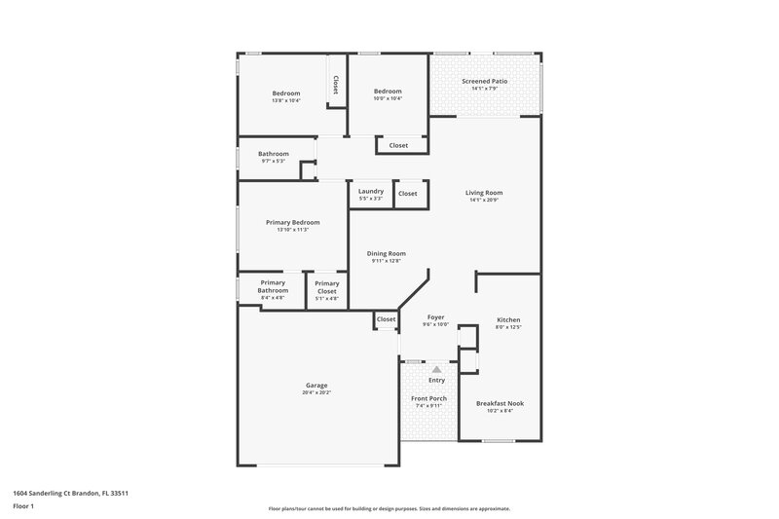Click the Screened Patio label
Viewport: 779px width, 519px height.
[x=484, y=81]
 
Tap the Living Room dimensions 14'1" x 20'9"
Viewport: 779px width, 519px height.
[x=484, y=200]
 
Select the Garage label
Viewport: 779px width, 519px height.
[x=317, y=385]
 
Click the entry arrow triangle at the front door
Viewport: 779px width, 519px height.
[x=436, y=370]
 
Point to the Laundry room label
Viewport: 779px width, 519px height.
[x=371, y=191]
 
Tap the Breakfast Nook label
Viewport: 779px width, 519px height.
[x=500, y=403]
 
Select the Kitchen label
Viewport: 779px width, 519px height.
[x=508, y=320]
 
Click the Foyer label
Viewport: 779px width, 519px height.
[x=435, y=317]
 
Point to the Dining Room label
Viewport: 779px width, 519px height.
[x=386, y=253]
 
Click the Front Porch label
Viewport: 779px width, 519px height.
[x=428, y=398]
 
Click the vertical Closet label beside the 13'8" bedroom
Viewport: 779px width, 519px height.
[x=336, y=85]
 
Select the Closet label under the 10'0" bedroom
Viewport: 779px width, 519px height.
[x=398, y=146]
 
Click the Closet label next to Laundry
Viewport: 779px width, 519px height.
[x=407, y=194]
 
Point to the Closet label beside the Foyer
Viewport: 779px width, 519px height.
[x=386, y=319]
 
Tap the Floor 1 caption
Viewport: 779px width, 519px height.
[x=24, y=507]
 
